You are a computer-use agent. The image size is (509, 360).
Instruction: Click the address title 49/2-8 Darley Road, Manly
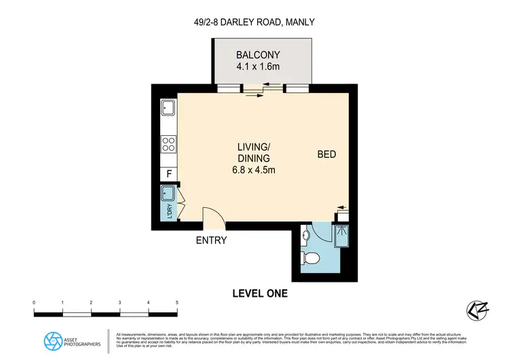[254, 22]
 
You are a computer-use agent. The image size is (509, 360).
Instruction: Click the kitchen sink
[168, 108]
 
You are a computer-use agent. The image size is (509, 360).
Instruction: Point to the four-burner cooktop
[168, 143]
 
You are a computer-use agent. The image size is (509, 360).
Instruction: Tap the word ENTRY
[211, 240]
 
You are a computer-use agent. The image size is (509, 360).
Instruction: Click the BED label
[326, 155]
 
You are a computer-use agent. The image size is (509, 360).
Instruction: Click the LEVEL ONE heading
[260, 293]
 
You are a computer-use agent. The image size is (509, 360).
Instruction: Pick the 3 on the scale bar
[119, 302]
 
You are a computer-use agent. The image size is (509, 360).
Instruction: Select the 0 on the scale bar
[34, 302]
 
